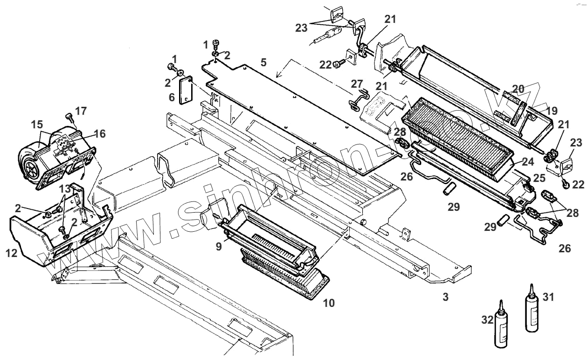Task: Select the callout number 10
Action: tap(329, 303)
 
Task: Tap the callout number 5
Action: tap(263, 62)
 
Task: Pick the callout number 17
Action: tap(81, 111)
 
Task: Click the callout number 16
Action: tap(100, 134)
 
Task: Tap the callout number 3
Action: tap(446, 297)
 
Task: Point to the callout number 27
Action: tap(357, 83)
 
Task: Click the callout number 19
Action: tap(552, 111)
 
